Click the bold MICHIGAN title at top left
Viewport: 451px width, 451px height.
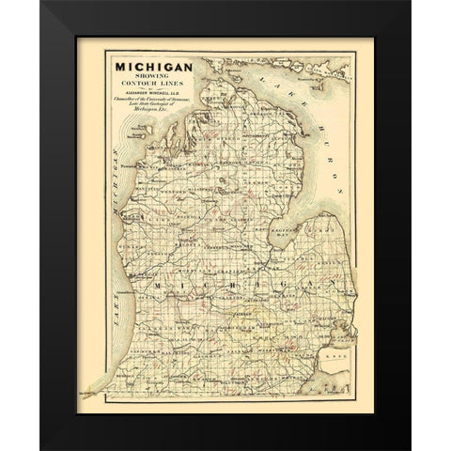(x=155, y=66)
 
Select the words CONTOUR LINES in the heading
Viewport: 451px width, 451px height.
(x=155, y=87)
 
